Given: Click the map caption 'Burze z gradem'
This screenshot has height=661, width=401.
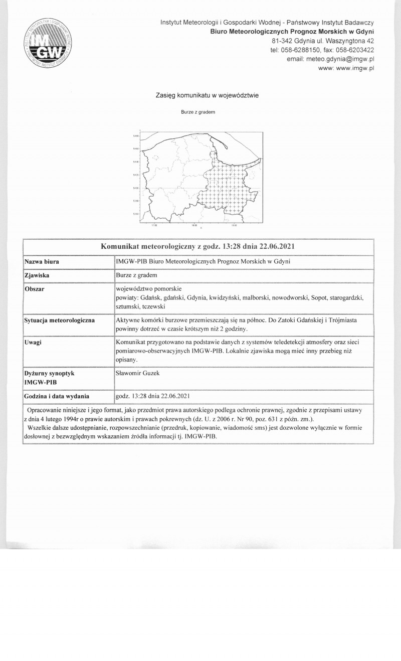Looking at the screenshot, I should point(198,112).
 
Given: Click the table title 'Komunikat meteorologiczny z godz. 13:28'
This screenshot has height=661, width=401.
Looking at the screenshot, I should point(197,246).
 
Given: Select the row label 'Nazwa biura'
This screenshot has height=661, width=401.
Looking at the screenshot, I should point(42,262).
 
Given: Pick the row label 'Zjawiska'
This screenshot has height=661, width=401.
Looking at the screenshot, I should point(37,275).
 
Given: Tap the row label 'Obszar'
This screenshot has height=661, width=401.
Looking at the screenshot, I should point(35,289).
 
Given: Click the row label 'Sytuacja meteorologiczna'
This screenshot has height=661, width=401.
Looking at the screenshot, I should point(60,320).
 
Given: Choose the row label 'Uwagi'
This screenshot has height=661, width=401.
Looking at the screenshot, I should point(33,342).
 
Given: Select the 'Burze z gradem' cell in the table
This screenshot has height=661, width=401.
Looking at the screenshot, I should point(136,275).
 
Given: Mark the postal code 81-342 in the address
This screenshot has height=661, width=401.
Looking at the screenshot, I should point(282,41).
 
